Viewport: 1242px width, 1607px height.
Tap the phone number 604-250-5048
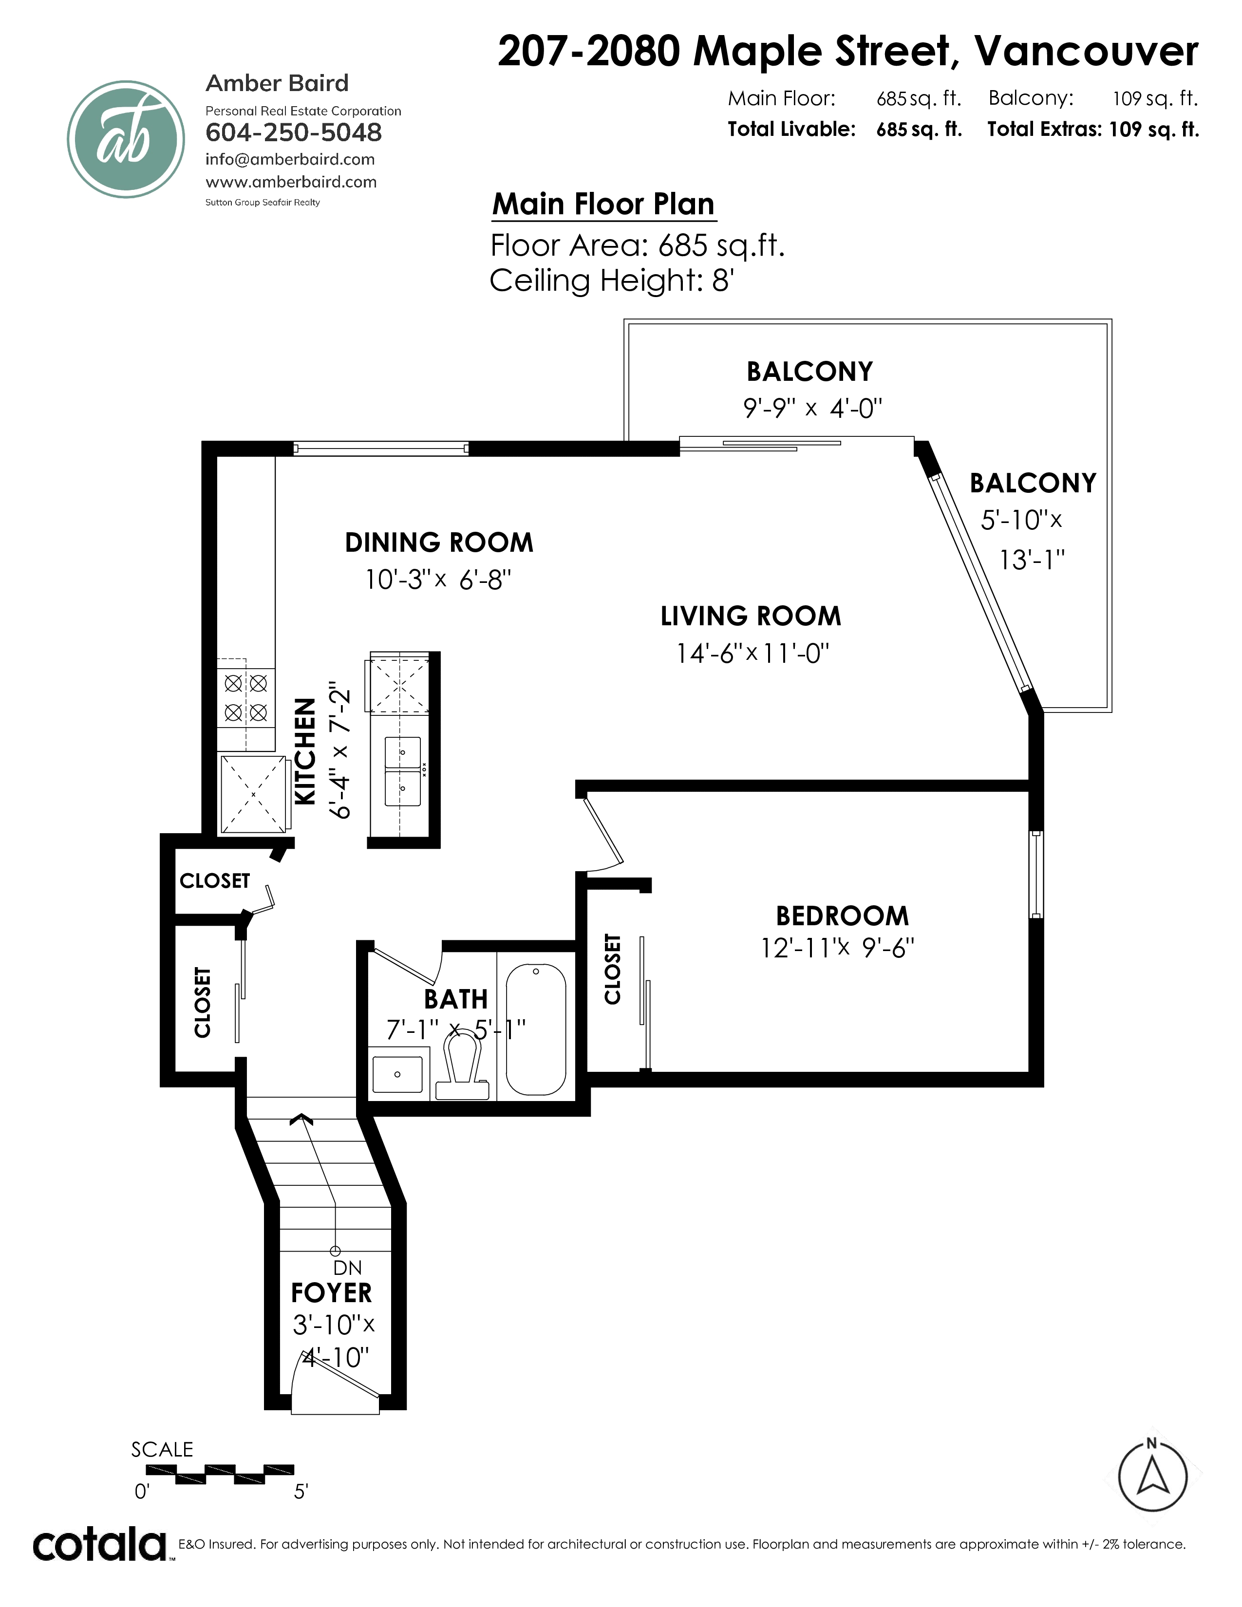click(x=294, y=132)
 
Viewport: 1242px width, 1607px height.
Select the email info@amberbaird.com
click(x=290, y=159)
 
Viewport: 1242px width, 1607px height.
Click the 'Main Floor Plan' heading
click(x=603, y=204)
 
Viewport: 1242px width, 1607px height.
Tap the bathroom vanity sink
click(x=397, y=1074)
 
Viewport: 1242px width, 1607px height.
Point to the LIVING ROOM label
click(x=751, y=616)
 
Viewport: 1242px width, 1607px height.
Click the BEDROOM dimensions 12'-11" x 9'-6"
click(x=837, y=947)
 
